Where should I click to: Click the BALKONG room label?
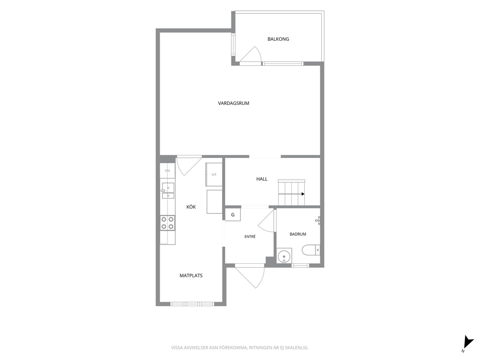[x=278, y=39]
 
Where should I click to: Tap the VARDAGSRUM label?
[x=234, y=104]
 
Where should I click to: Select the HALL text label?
[x=262, y=179]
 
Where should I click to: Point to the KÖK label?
[x=191, y=207]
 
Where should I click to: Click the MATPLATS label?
[x=191, y=275]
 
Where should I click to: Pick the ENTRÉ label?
[x=250, y=237]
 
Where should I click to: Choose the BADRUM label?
[x=298, y=234]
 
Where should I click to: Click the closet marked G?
[x=233, y=214]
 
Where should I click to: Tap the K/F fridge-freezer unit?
[x=214, y=175]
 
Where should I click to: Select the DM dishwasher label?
[x=167, y=171]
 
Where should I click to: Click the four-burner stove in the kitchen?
[x=167, y=223]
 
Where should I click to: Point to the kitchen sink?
[x=168, y=191]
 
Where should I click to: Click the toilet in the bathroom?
[x=311, y=250]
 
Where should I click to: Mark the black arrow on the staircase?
[x=291, y=194]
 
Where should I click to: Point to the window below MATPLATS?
[x=192, y=304]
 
